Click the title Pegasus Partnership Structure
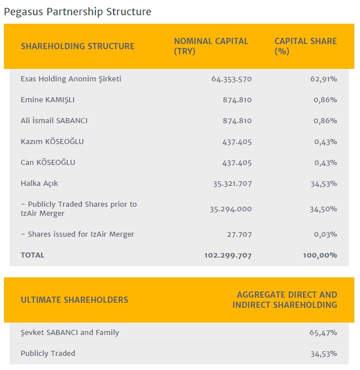click(x=77, y=11)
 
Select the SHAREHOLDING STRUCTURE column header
click(x=77, y=46)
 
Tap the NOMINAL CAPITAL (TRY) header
click(x=211, y=46)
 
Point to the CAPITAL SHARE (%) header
click(x=305, y=46)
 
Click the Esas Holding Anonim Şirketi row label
click(x=71, y=79)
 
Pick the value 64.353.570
click(x=231, y=79)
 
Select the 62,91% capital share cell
click(x=324, y=79)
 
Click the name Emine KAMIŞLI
click(x=47, y=100)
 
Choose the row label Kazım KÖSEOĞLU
click(x=52, y=142)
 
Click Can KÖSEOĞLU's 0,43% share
click(x=327, y=163)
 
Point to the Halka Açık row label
click(x=40, y=184)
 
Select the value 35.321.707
click(x=231, y=184)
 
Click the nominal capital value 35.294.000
click(x=231, y=209)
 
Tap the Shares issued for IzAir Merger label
click(x=77, y=234)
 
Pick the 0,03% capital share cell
click(x=327, y=234)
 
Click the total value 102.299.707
click(x=228, y=255)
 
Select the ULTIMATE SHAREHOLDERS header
click(x=75, y=300)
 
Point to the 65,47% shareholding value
click(x=324, y=333)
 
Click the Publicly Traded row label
click(x=48, y=354)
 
